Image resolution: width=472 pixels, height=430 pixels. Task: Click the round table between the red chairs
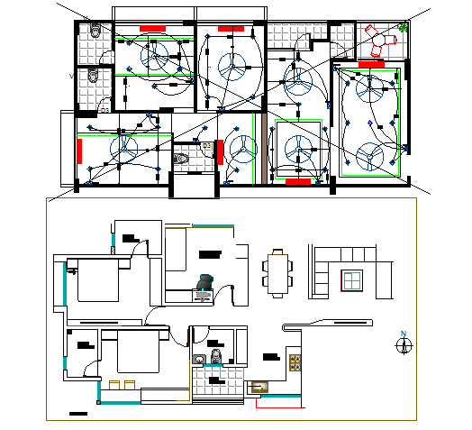(x=379, y=41)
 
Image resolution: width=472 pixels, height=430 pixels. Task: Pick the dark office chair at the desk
(x=205, y=283)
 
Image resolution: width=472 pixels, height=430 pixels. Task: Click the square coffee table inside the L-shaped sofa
(x=349, y=281)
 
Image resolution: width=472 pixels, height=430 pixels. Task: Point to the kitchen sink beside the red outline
(x=259, y=388)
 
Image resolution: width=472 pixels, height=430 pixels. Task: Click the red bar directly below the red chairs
(x=371, y=64)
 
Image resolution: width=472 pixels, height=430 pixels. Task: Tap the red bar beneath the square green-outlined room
(x=297, y=181)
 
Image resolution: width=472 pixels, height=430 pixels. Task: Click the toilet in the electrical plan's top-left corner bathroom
(x=96, y=32)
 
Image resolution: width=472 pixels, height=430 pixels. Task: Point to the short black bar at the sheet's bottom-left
(x=77, y=414)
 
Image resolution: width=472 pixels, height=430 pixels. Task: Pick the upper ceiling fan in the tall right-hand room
(x=368, y=88)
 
